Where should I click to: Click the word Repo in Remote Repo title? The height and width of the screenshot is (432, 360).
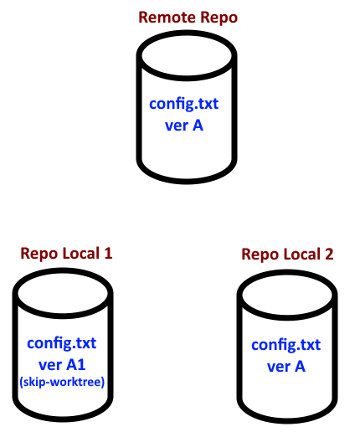(x=219, y=18)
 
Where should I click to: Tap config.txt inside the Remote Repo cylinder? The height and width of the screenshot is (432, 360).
(x=184, y=104)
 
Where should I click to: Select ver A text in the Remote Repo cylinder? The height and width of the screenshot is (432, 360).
(x=184, y=126)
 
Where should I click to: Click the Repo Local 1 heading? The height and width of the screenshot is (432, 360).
(x=66, y=254)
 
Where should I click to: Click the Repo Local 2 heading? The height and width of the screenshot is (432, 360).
(x=287, y=255)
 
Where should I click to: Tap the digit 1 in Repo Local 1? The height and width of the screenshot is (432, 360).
(x=108, y=253)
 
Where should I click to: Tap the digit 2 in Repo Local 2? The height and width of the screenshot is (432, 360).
(x=329, y=254)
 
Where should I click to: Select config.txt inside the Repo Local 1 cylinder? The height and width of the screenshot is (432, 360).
(x=62, y=343)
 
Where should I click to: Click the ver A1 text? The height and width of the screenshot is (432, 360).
(x=62, y=365)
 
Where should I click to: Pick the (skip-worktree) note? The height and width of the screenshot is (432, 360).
(x=62, y=382)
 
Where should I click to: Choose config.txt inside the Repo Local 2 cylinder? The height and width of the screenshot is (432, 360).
(x=286, y=345)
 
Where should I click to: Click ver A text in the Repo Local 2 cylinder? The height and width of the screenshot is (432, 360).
(x=286, y=367)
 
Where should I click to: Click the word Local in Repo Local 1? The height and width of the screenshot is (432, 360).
(x=80, y=254)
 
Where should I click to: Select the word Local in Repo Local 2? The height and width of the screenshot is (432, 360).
(x=301, y=255)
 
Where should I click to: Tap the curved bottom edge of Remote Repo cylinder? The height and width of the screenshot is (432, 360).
(x=187, y=181)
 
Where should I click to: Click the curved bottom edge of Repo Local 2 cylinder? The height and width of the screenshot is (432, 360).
(x=287, y=420)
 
